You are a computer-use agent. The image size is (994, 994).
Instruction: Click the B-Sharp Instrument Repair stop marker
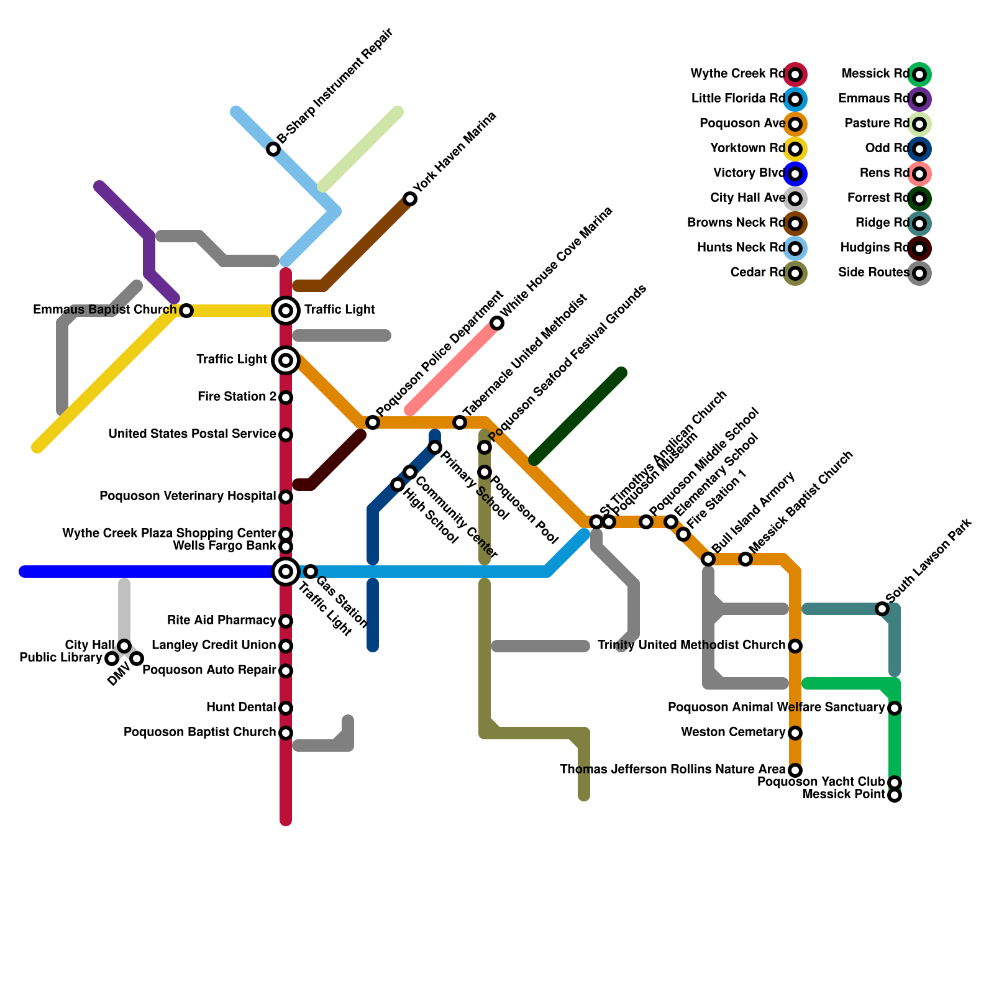273,149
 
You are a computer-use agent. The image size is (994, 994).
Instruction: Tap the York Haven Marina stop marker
410,199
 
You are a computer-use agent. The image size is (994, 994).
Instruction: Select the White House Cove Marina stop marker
497,323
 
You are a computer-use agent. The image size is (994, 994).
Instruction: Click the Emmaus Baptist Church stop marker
186,311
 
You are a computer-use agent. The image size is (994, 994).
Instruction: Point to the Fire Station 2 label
237,397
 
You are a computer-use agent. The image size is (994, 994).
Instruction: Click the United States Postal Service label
192,434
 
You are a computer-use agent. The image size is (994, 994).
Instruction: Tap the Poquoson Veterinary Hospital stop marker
286,497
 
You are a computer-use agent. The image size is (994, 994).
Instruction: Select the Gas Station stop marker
311,572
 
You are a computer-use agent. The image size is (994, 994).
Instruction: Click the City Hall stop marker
124,646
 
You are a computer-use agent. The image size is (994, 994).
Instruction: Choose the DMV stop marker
137,659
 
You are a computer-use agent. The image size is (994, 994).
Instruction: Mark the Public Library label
60,658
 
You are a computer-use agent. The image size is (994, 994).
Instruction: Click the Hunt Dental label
241,708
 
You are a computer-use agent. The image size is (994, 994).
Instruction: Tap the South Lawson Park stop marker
882,609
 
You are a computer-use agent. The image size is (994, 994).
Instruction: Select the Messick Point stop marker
895,795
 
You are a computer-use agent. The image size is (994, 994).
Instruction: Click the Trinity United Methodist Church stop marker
795,646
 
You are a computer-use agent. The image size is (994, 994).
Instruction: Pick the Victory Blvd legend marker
795,174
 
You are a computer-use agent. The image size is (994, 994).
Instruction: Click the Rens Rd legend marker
919,174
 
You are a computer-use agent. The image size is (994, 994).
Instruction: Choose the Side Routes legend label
873,273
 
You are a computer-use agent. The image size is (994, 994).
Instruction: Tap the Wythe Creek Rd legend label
737,74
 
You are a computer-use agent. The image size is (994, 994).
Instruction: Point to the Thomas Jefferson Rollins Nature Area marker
795,770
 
